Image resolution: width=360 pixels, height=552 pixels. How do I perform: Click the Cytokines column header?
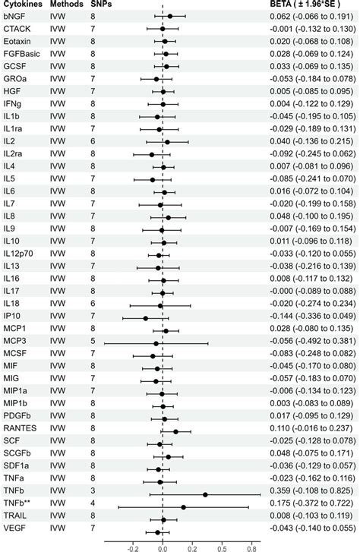coord(21,4)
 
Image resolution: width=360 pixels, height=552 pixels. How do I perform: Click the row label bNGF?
coord(14,15)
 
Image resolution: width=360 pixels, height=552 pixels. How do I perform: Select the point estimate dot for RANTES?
coord(176,431)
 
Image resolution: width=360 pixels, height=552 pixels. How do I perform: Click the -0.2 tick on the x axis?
coord(133,545)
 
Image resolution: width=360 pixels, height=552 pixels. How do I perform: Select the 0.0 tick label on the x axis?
coord(163,545)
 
